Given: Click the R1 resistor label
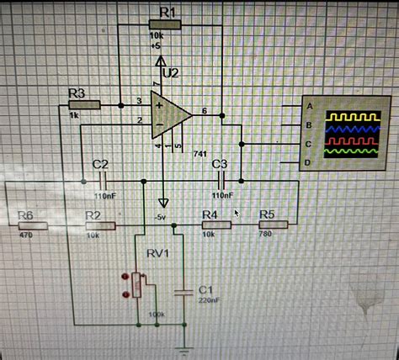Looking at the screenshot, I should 167,11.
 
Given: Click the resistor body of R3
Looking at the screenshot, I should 83,104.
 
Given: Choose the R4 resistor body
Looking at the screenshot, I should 212,225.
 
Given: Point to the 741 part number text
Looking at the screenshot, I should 199,155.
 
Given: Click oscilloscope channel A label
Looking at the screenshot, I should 310,106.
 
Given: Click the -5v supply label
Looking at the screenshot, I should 160,216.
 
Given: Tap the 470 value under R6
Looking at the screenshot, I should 25,236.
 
